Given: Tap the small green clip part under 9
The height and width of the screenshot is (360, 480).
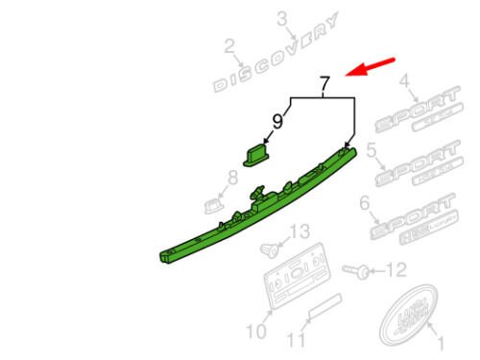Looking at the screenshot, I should pos(254,154).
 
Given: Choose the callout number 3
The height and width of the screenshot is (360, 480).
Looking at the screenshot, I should pos(282,18).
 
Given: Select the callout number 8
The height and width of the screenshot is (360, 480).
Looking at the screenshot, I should pos(230,177).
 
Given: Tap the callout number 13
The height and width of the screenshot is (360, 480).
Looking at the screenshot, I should pos(300,231).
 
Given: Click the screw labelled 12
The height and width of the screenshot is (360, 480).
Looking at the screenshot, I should pos(360,273).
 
